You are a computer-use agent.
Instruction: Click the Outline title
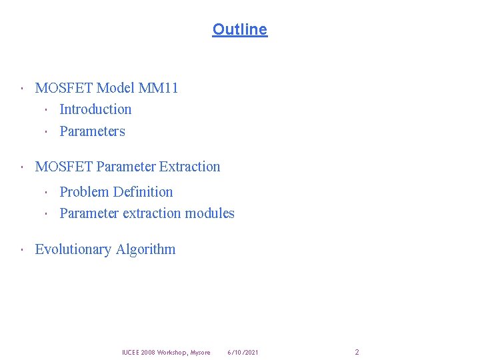[239, 29]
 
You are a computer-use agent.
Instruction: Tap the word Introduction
[95, 109]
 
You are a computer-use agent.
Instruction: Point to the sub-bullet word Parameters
[92, 131]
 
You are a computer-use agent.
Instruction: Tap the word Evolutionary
[73, 249]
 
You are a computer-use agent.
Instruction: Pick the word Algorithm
[146, 249]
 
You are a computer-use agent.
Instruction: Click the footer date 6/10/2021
[243, 352]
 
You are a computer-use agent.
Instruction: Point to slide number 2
[357, 352]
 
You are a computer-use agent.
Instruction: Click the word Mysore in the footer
[200, 352]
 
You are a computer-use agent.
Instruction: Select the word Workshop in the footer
[170, 352]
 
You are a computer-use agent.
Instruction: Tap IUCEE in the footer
[130, 352]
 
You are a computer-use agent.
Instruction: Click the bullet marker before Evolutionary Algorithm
[22, 250]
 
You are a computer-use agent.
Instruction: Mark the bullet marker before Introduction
[47, 110]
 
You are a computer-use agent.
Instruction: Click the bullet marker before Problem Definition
[47, 193]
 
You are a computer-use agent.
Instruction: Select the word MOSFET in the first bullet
[63, 87]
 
